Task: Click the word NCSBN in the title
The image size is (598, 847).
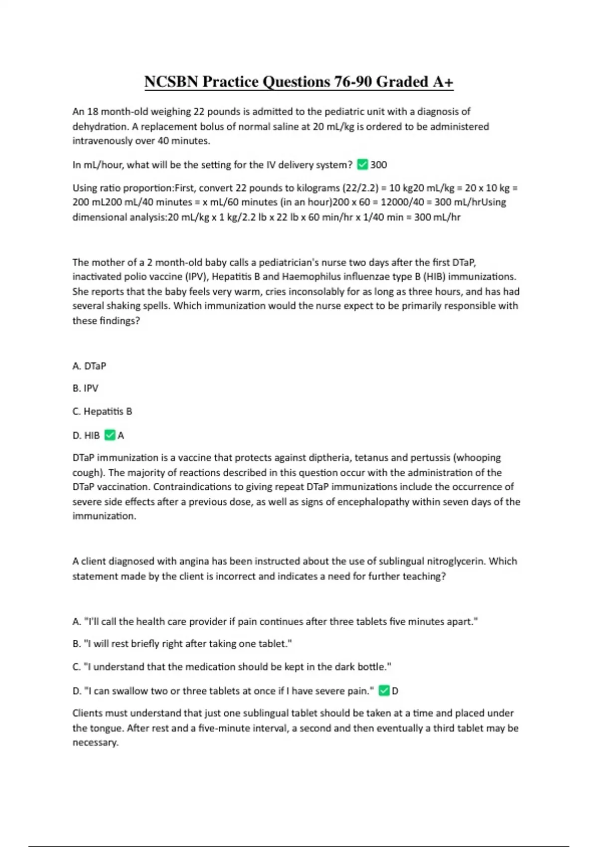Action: click(171, 82)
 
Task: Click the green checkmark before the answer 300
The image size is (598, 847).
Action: click(362, 164)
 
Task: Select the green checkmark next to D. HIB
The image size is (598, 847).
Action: click(110, 435)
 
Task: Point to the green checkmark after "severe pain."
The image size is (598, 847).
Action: click(384, 691)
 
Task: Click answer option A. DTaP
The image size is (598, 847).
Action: click(89, 366)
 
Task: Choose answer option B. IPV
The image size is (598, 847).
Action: click(85, 388)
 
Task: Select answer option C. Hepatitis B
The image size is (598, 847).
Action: click(102, 412)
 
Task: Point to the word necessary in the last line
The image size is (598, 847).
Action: click(95, 742)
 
